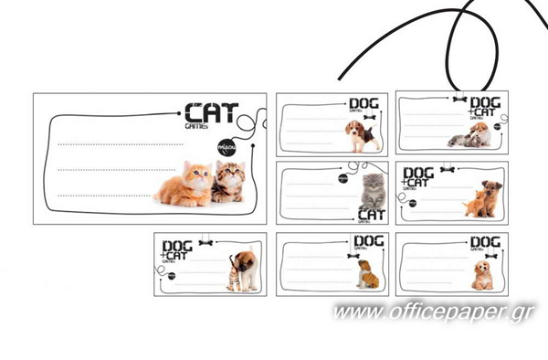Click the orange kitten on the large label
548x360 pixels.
click(x=185, y=185)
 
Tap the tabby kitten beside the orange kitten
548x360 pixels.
click(x=228, y=181)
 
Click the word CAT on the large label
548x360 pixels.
click(x=210, y=114)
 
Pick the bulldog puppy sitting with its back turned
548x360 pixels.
click(x=368, y=273)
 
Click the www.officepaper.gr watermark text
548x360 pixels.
click(x=434, y=313)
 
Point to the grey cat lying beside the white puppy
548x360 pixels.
click(x=462, y=140)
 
